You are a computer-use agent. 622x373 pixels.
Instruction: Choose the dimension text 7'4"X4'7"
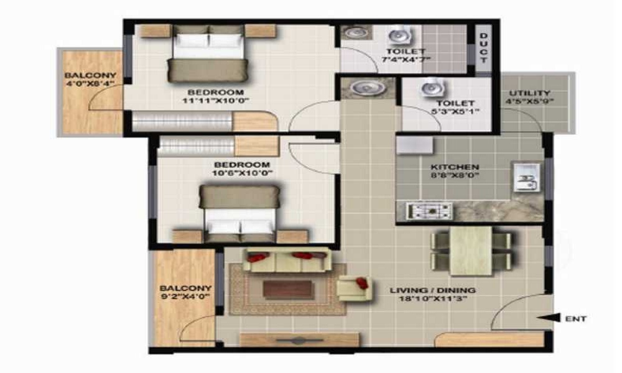point(406,60)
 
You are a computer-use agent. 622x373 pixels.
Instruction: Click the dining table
point(471,250)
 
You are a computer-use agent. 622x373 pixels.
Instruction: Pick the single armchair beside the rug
point(353,287)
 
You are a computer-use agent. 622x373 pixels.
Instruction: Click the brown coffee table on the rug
point(288,289)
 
